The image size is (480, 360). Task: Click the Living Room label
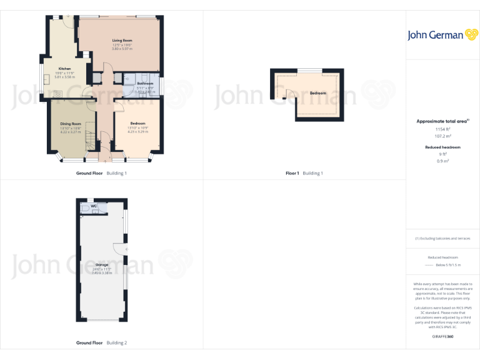tap(122, 41)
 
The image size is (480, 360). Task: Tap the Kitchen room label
tap(64, 69)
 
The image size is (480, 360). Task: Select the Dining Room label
tap(71, 124)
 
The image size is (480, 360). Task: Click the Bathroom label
tap(145, 83)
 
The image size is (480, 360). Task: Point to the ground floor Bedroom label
tap(137, 123)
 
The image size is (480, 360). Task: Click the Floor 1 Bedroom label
tap(317, 93)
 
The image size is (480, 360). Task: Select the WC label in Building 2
tap(94, 206)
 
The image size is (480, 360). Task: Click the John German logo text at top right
tap(435, 35)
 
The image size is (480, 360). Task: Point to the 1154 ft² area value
tap(442, 129)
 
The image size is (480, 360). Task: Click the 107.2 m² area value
tap(442, 136)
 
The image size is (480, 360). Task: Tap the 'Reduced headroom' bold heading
tap(442, 147)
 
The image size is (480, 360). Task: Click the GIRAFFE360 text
tap(442, 337)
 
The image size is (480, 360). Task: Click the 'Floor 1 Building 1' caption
tap(304, 173)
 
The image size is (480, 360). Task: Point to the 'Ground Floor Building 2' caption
tap(101, 343)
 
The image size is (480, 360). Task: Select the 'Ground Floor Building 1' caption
tap(101, 173)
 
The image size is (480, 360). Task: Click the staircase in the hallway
tap(90, 141)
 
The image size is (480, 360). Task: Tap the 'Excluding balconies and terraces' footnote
tap(442, 239)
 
